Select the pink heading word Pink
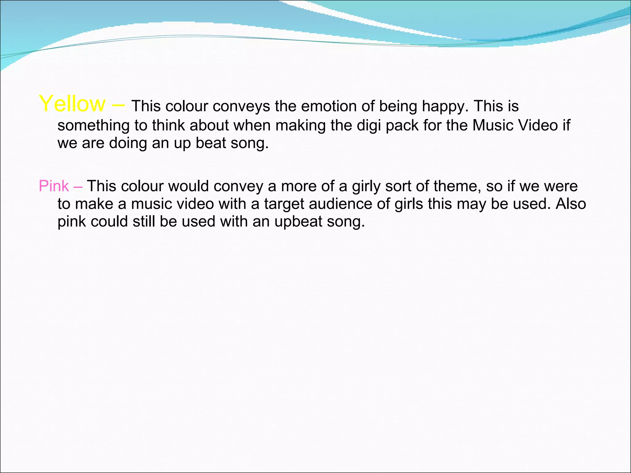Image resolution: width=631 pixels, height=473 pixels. (54, 186)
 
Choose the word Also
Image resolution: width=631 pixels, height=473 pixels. (571, 204)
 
